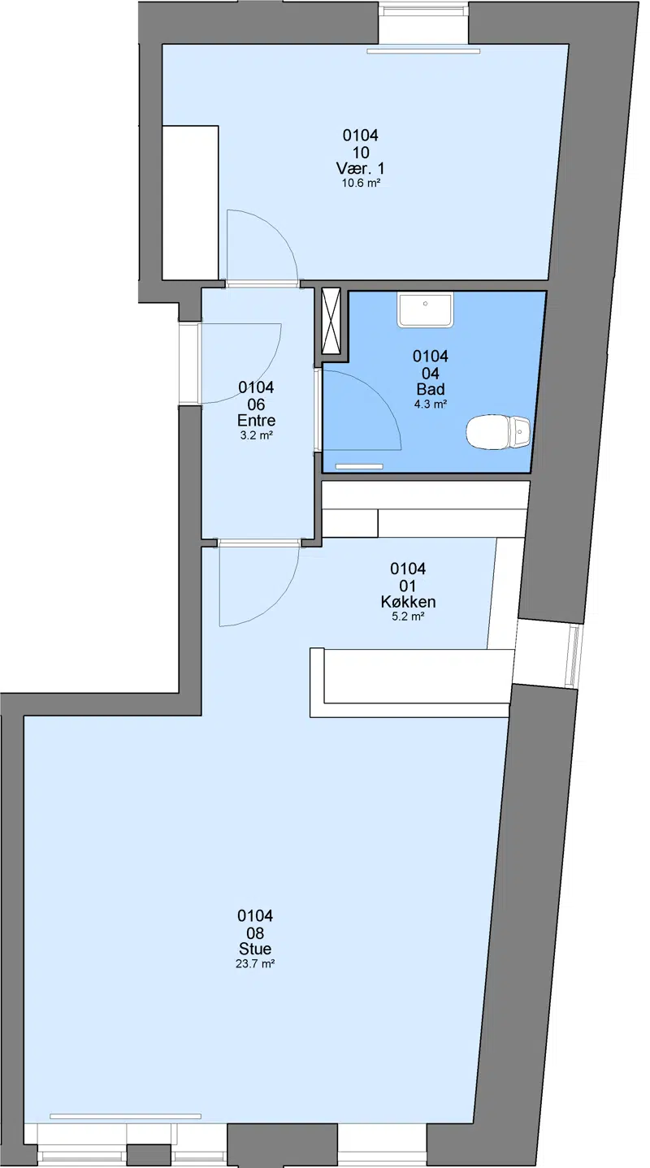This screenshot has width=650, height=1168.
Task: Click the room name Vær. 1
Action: [361, 168]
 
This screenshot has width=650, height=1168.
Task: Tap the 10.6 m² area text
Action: [361, 183]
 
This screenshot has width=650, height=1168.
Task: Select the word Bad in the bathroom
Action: [431, 390]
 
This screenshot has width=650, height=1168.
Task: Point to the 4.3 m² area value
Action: [431, 404]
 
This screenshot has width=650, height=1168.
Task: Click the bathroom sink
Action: [425, 309]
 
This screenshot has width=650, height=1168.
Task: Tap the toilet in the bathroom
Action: [498, 432]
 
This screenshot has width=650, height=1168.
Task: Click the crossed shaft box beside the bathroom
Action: [331, 321]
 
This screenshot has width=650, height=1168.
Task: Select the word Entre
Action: [256, 421]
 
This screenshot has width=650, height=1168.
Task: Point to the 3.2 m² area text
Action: [256, 435]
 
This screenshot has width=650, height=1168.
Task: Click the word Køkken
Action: [408, 602]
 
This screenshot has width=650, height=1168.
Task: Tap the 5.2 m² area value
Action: [408, 616]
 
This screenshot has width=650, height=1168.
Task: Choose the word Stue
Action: [255, 949]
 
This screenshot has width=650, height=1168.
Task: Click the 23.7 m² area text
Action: [255, 963]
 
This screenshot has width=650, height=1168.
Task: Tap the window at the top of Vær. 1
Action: [423, 24]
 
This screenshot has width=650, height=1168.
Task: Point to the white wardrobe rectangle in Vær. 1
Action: [190, 203]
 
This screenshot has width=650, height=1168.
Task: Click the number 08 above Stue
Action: [255, 932]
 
